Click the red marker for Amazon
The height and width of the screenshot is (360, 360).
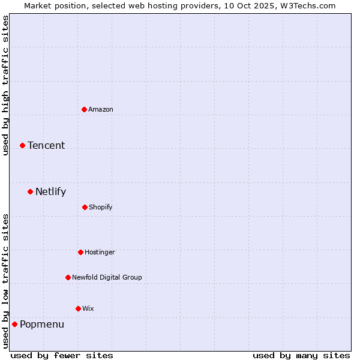click(84, 109)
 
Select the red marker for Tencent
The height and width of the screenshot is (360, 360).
click(22, 145)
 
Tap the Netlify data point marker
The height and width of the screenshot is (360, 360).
click(30, 191)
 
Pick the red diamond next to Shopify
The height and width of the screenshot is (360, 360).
click(85, 207)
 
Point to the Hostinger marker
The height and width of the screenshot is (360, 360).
click(80, 252)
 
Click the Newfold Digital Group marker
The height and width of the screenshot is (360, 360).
click(68, 277)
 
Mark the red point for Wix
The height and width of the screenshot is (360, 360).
click(78, 308)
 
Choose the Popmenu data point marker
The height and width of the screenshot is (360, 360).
click(14, 324)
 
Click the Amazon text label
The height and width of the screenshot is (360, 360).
click(101, 109)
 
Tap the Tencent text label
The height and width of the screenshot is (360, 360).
click(46, 145)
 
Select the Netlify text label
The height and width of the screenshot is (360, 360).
click(50, 192)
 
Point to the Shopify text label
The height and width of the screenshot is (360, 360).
click(101, 207)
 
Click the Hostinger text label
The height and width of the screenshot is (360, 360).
click(100, 252)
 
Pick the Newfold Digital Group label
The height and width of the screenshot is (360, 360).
click(107, 277)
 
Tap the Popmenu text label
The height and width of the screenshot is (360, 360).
click(42, 325)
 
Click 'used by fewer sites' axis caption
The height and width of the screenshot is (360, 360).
click(62, 355)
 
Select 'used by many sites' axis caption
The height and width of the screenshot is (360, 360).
click(301, 355)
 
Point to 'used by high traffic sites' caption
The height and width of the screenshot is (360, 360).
click(6, 85)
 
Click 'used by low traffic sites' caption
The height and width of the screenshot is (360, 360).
click(6, 281)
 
